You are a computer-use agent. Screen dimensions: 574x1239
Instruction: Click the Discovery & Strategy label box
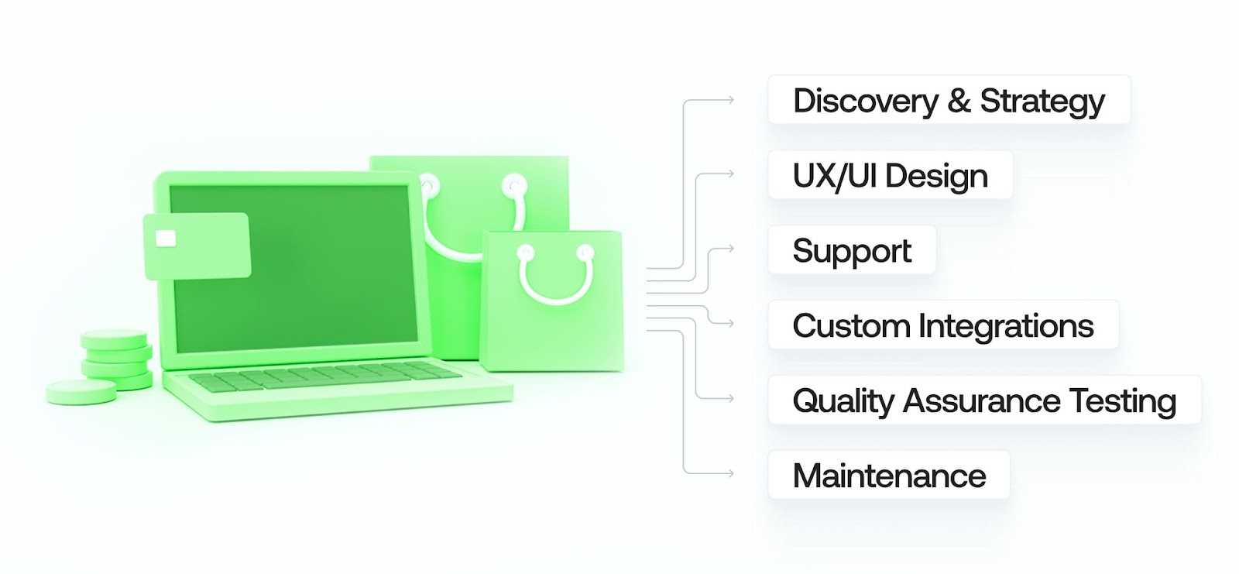click(949, 100)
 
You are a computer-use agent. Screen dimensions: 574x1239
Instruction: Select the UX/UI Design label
click(890, 175)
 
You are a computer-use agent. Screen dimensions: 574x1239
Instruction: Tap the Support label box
click(852, 250)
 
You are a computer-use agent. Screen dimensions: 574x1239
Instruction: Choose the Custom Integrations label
click(942, 325)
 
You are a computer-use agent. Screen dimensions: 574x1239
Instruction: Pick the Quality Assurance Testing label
click(984, 400)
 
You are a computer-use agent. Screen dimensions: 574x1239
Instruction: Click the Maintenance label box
click(889, 475)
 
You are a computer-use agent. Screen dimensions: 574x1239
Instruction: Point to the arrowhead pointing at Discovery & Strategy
click(729, 100)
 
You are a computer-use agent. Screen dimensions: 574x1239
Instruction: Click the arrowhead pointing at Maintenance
click(729, 473)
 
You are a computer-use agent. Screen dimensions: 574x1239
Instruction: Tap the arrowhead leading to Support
click(729, 249)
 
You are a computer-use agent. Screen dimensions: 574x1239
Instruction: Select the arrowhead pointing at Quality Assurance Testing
click(729, 398)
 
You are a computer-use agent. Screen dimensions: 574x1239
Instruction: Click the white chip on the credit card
click(166, 238)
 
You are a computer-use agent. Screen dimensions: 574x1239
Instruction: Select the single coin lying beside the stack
click(81, 392)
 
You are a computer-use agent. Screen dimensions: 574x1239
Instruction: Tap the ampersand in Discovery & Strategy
click(959, 101)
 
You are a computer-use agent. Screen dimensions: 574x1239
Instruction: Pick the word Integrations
click(1006, 326)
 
